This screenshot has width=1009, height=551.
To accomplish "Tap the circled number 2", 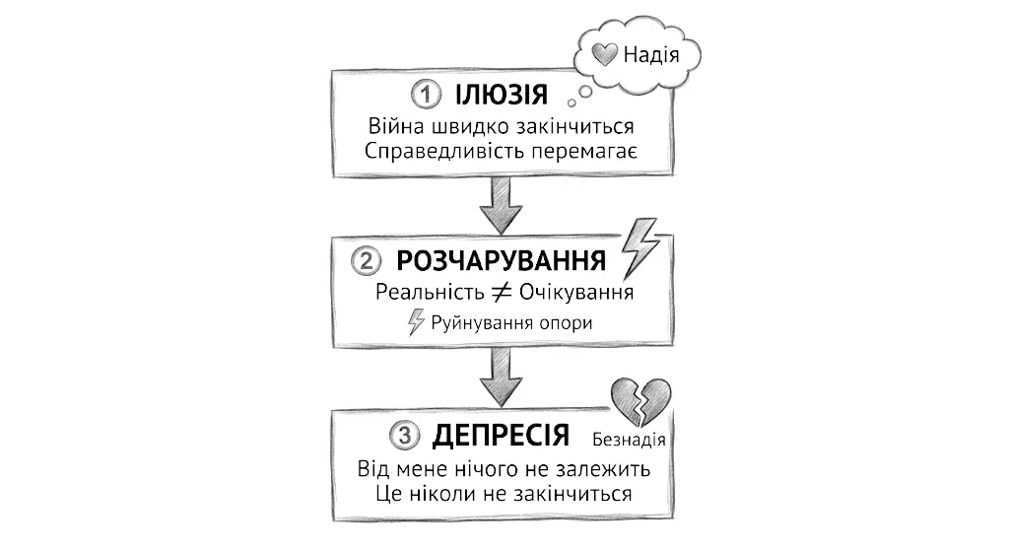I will (365, 262).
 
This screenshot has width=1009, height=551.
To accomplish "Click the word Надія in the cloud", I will (651, 54).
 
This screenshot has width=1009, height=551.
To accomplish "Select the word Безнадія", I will (630, 439).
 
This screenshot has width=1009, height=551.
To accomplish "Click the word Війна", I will (395, 128).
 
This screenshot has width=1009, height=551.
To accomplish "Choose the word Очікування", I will (575, 294).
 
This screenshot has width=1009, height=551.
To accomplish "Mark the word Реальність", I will (431, 294).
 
